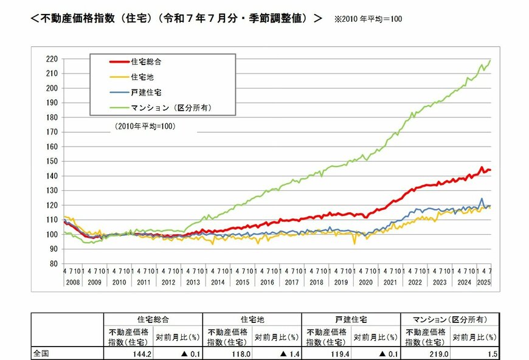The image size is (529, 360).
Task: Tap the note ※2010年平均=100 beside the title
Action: click(368, 19)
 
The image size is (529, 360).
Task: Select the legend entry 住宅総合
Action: click(146, 61)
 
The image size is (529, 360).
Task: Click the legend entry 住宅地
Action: click(142, 77)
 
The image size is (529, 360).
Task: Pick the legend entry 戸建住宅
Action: click(146, 93)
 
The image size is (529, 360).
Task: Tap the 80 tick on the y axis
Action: click(53, 264)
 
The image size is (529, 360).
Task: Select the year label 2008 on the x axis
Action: click(72, 283)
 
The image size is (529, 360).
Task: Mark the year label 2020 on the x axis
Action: click(366, 283)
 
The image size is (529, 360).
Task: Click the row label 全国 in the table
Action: click(41, 352)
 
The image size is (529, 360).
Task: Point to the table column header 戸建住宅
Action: click(351, 319)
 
